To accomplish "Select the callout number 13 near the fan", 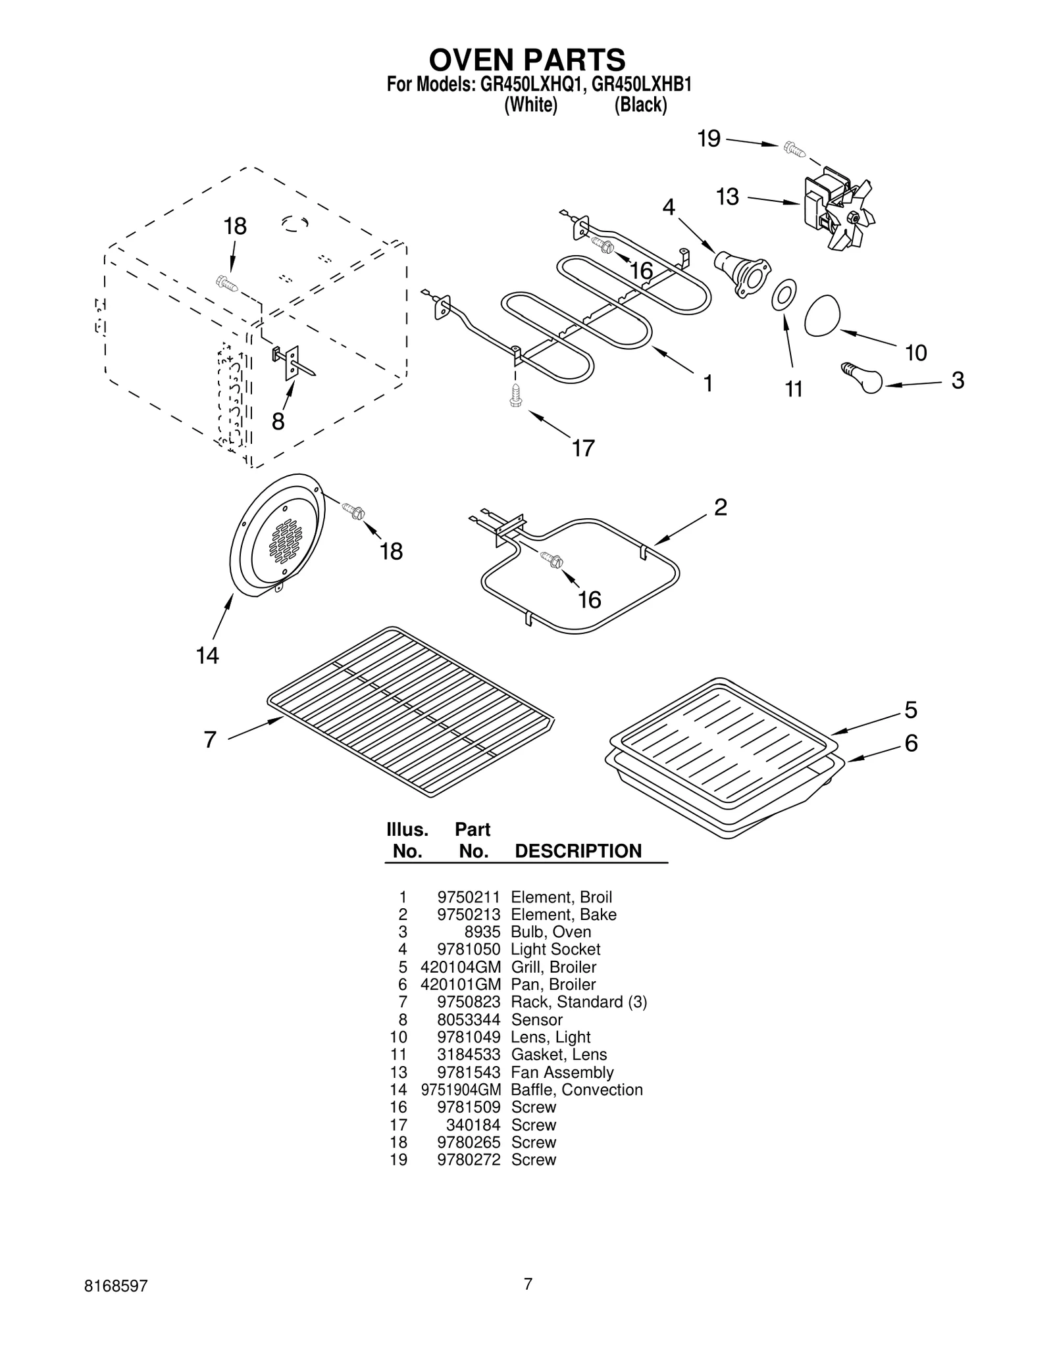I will pyautogui.click(x=727, y=197).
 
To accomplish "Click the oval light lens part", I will pyautogui.click(x=823, y=316).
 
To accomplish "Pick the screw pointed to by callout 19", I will pyautogui.click(x=795, y=149).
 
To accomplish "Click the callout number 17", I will pyautogui.click(x=583, y=448).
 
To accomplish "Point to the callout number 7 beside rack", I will pyautogui.click(x=209, y=740).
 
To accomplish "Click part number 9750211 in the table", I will pyautogui.click(x=469, y=897).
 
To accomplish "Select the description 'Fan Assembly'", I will pyautogui.click(x=562, y=1072).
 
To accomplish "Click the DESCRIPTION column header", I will pyautogui.click(x=578, y=851).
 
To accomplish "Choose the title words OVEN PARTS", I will pyautogui.click(x=526, y=60).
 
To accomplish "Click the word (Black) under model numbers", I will pyautogui.click(x=640, y=105).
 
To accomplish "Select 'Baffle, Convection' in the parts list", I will pyautogui.click(x=577, y=1090).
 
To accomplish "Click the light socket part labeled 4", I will pyautogui.click(x=740, y=274).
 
